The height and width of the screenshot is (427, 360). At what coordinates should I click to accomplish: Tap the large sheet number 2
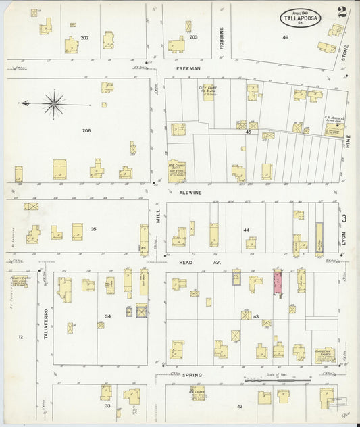[x=342, y=11]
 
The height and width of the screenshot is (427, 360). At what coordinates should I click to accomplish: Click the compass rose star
[x=53, y=103]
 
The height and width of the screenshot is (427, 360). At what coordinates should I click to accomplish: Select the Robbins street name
[x=221, y=39]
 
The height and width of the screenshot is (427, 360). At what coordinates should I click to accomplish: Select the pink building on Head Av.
[x=277, y=282]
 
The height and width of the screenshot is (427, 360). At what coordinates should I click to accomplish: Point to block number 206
[x=86, y=130]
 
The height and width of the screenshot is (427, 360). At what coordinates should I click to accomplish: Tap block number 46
[x=285, y=37]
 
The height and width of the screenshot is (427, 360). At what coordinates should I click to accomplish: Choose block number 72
[x=20, y=336]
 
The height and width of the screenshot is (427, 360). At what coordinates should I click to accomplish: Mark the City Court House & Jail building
[x=207, y=92]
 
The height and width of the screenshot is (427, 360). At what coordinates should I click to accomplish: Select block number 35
[x=93, y=229]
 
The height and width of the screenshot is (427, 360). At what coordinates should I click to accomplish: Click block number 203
[x=193, y=37]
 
